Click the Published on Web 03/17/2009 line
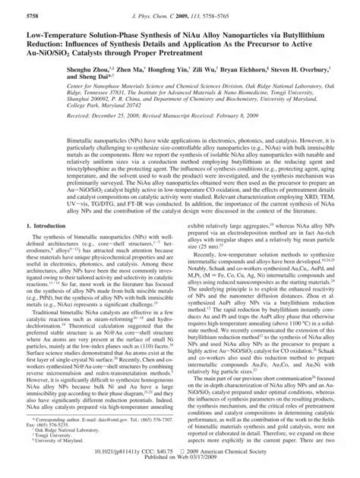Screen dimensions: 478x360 pos(180,470)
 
